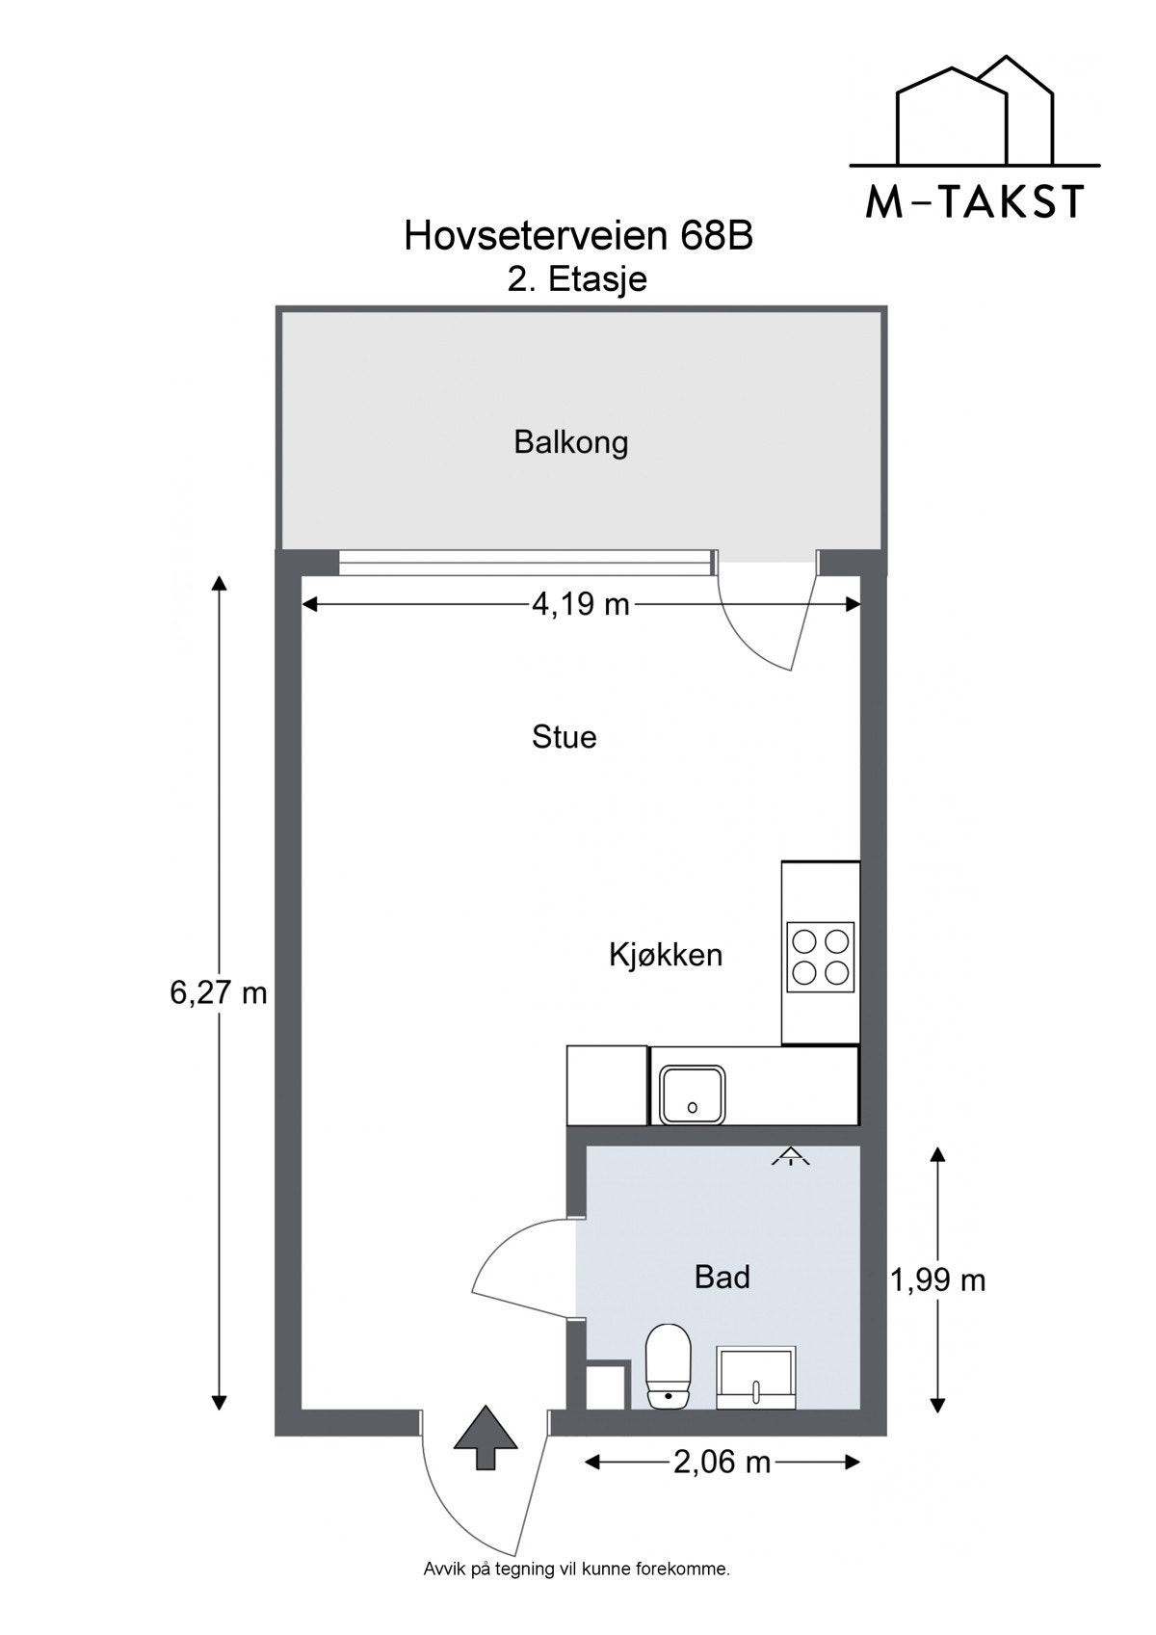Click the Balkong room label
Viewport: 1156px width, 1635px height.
[570, 443]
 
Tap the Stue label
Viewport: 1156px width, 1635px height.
[564, 738]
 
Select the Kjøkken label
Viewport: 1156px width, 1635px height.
[665, 956]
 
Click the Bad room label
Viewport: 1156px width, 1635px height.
[722, 1278]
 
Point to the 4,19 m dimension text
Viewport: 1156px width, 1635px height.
[580, 605]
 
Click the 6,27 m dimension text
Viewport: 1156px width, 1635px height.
[218, 993]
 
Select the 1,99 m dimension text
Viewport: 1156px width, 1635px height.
[937, 1280]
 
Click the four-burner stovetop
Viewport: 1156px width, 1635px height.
[821, 957]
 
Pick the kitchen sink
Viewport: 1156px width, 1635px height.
[692, 1094]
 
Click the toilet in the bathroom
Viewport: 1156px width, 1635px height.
[669, 1365]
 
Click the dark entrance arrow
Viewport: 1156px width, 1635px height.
[486, 1437]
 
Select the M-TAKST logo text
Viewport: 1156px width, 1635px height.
[974, 201]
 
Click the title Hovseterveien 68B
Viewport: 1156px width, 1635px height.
[578, 236]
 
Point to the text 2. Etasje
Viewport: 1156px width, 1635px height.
[577, 279]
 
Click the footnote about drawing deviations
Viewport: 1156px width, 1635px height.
[577, 1569]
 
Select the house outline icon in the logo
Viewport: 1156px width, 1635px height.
[974, 111]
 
